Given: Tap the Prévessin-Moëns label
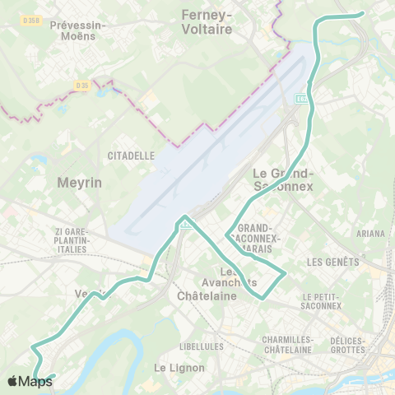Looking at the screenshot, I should pos(78,30).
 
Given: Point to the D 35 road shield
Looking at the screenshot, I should pos(81,85).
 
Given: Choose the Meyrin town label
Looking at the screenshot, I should pos(80,182).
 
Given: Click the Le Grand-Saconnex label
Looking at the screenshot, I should pos(282,179).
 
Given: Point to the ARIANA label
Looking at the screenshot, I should pos(370,234).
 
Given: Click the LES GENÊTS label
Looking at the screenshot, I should pos(332,263).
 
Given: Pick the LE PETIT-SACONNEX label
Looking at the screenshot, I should pos(322,301).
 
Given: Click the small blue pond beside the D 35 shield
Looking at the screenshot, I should pos(100,91).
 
